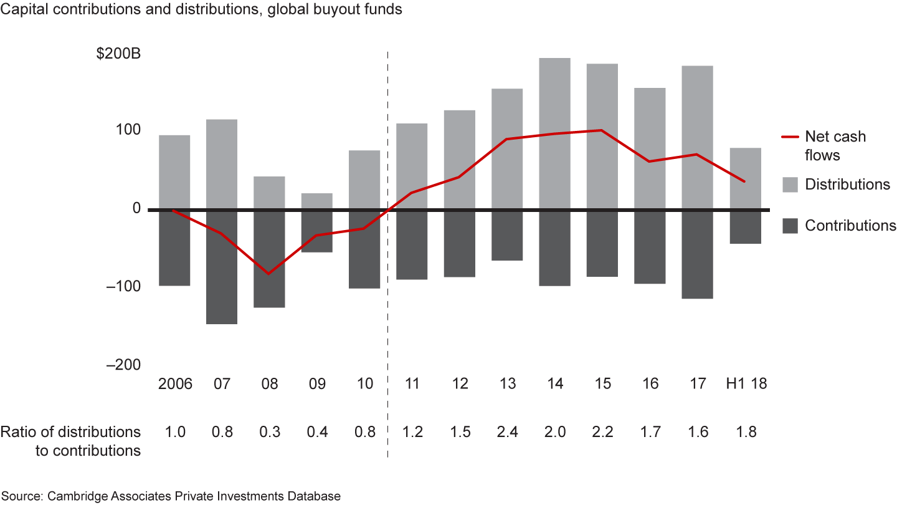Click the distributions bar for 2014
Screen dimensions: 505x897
coord(554,133)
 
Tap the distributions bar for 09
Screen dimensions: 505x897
coord(317,201)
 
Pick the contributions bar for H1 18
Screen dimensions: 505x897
coord(745,227)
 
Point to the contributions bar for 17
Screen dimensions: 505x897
coord(697,254)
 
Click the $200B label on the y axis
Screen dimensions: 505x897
coord(118,54)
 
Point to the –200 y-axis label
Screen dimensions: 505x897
coord(123,365)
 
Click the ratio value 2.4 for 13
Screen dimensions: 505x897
coord(507,432)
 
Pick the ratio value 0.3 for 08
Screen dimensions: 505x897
coord(269,432)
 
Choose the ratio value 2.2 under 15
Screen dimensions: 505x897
coord(602,432)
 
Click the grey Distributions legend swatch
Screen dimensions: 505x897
coord(789,185)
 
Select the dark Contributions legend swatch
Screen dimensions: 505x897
coord(789,226)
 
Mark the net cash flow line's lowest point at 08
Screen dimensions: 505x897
coord(269,274)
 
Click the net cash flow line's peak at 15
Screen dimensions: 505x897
coord(602,130)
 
